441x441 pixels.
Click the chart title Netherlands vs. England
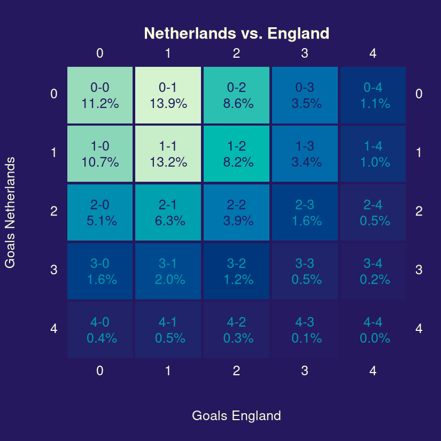point(236,34)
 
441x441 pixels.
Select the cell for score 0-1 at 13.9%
point(168,95)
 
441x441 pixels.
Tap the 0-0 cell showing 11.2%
point(100,95)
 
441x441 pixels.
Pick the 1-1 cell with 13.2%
point(168,154)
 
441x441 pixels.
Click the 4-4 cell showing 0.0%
point(373,330)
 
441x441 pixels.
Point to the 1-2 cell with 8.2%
point(236,154)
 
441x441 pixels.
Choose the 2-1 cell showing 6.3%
point(168,212)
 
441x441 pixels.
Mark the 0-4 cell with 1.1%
point(373,95)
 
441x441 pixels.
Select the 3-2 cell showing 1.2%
point(236,271)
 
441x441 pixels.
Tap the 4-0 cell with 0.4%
point(100,330)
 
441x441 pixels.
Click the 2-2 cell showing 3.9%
point(236,212)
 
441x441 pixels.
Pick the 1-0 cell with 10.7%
point(100,154)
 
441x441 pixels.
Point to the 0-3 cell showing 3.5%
point(305,95)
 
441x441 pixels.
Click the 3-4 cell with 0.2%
point(373,271)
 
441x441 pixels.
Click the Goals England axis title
point(236,416)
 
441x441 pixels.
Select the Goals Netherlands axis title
point(10,212)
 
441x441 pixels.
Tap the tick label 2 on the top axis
point(236,53)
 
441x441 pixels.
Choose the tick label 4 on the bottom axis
point(373,371)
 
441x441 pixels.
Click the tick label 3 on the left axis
point(53,270)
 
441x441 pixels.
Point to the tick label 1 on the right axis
point(419,153)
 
